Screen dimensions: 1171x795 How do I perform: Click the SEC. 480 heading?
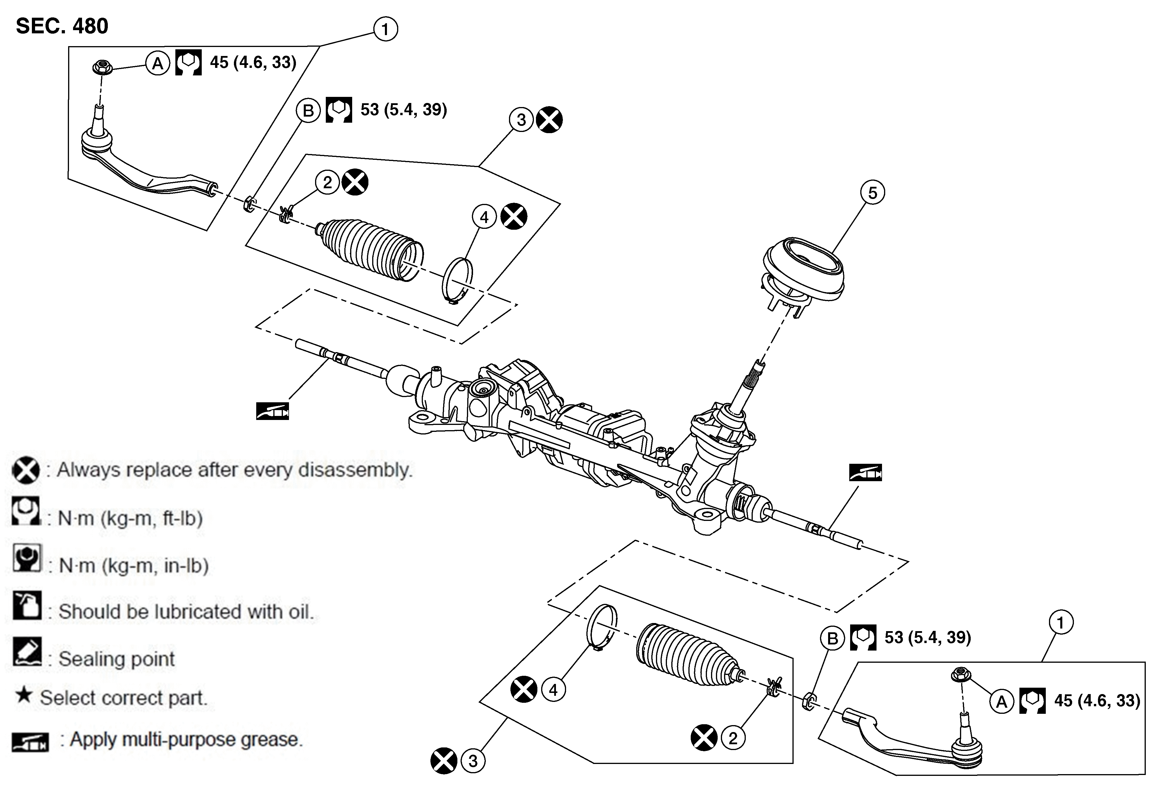pyautogui.click(x=62, y=26)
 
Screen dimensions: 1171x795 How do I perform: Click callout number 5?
pyautogui.click(x=873, y=193)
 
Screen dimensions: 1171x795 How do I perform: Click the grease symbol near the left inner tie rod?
pyautogui.click(x=272, y=411)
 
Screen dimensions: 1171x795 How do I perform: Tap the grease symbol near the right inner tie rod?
pyautogui.click(x=866, y=472)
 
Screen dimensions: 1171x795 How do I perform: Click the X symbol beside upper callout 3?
pyautogui.click(x=549, y=120)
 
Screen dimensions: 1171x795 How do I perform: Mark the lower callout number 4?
pyautogui.click(x=553, y=690)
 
